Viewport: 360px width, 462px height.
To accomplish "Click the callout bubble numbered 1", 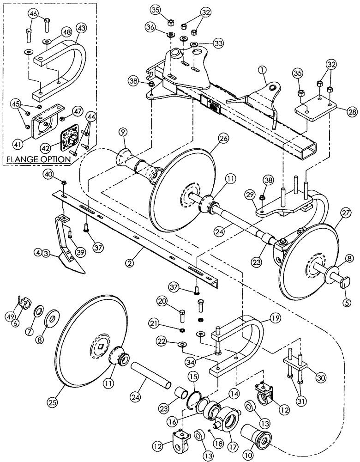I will (x=262, y=71).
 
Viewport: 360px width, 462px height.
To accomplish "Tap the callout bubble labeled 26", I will (x=211, y=137).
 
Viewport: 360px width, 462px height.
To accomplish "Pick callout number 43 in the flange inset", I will (x=81, y=29).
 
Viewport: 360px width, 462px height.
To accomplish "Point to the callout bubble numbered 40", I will (x=50, y=174).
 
